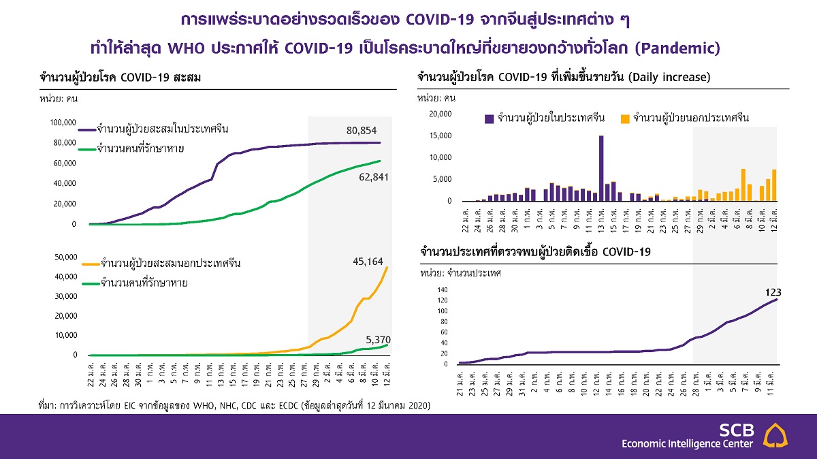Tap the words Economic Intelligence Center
[687, 444]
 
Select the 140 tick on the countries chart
[443, 290]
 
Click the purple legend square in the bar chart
[489, 118]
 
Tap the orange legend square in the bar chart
[624, 118]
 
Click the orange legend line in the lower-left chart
[89, 263]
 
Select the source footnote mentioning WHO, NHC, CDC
[234, 405]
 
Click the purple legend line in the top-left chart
[86, 129]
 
